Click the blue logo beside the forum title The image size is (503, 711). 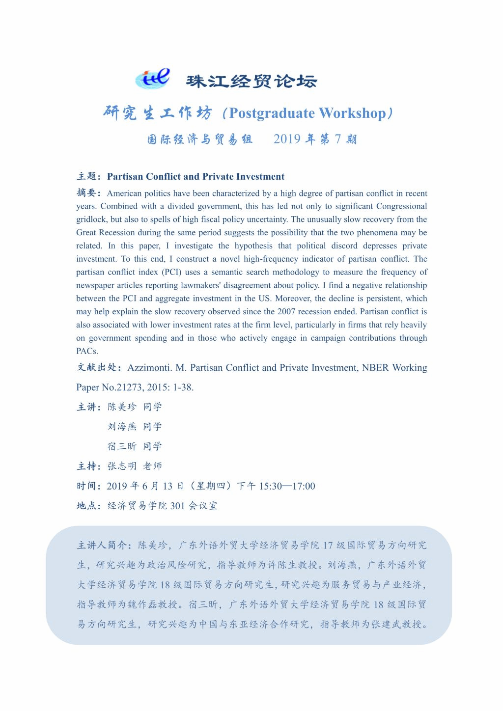coord(152,78)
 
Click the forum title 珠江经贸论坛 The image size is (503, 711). coord(251,81)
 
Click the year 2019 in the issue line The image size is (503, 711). coord(287,139)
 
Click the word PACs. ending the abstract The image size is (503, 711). coord(87,351)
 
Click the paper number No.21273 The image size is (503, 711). coord(123,387)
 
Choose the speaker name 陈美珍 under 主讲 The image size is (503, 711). coord(122,407)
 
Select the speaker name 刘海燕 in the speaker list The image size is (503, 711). coord(122,427)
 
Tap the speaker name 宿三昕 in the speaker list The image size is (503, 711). coord(122,446)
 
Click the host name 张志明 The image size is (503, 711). coord(122,466)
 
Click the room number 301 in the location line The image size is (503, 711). coord(177,506)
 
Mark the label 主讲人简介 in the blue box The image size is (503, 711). coord(103,545)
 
